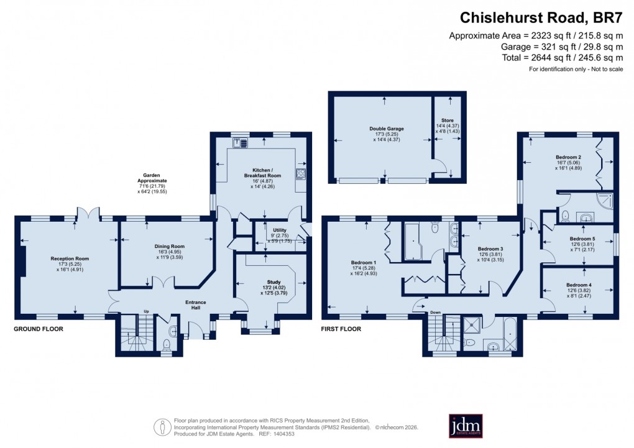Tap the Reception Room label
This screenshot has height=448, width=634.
pos(70,258)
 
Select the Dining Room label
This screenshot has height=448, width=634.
pos(170,246)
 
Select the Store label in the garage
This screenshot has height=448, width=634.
pos(448,120)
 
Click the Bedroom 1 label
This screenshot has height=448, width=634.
pos(363,263)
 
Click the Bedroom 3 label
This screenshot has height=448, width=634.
pos(490,249)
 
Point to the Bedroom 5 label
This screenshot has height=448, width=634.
pos(582,239)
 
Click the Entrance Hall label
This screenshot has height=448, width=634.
pos(196,303)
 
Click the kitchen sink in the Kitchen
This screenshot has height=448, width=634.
pos(241,144)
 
